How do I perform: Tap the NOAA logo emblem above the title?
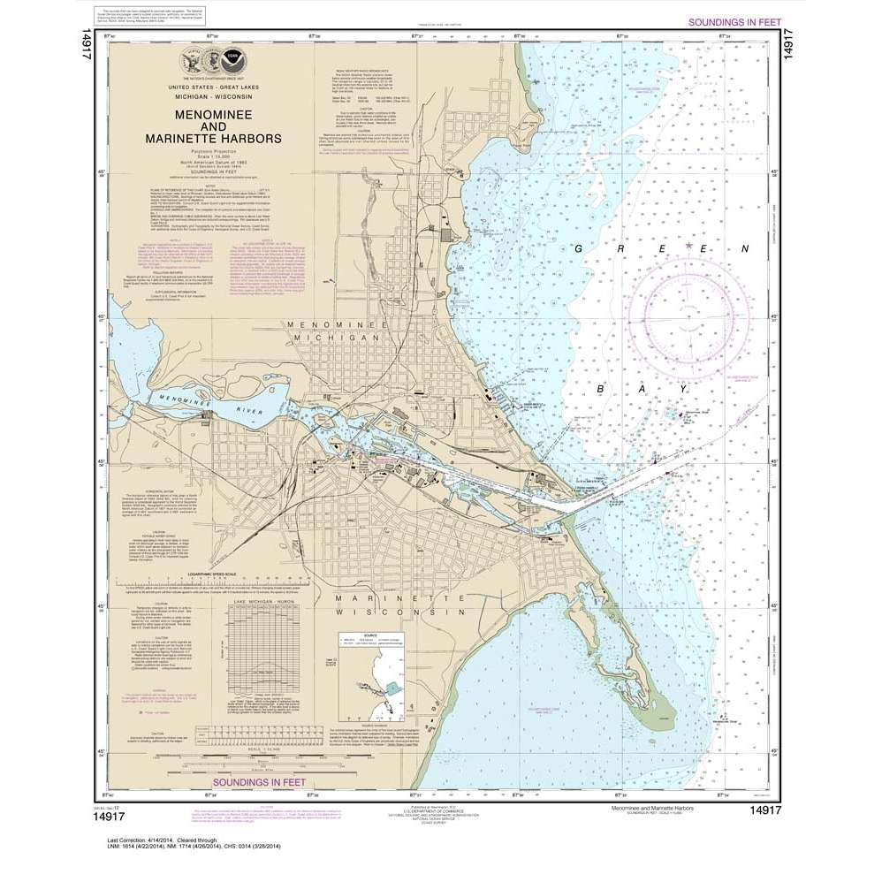(x=232, y=61)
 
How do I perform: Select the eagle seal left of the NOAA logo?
(x=190, y=61)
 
